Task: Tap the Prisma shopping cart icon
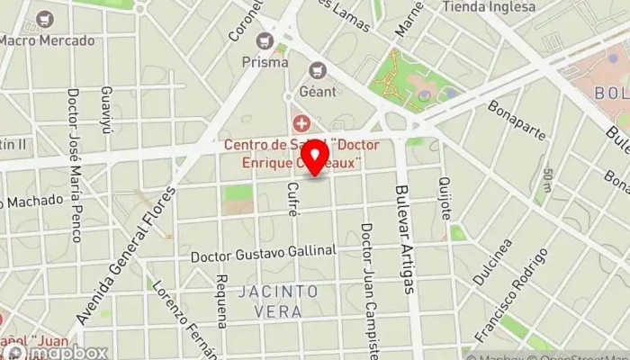coord(265,40)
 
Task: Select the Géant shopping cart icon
coord(317,69)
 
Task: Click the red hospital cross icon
coord(300,121)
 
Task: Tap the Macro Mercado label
coord(46,40)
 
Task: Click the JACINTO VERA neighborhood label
coord(278,301)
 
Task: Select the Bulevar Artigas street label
coord(407,238)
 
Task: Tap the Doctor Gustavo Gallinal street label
coord(263,256)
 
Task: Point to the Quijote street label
coord(444,199)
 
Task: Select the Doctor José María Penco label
coord(75,166)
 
